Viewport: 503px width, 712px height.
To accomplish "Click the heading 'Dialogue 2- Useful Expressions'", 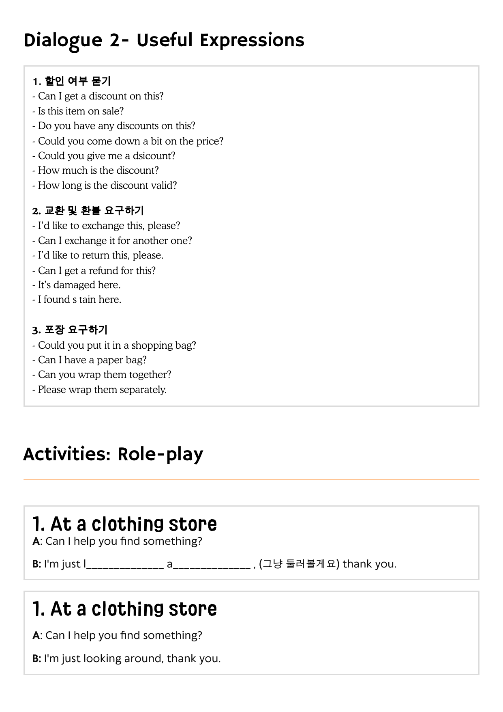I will point(164,41).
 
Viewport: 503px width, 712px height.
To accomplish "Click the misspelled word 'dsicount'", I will point(154,156).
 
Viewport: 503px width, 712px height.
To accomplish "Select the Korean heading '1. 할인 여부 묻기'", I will point(72,81).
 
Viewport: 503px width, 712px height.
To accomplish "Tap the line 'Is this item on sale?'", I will point(81,111).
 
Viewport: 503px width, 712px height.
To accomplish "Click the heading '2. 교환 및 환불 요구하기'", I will point(88,211).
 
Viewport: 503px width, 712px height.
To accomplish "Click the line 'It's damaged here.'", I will point(79,285).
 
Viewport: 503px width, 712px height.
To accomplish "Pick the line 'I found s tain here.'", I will point(79,300).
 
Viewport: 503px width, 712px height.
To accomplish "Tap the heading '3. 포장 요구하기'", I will point(70,330).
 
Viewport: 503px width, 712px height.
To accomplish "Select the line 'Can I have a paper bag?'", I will point(92,360).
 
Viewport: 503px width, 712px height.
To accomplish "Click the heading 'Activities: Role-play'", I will point(113,454).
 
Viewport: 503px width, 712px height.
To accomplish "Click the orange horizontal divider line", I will point(251,479).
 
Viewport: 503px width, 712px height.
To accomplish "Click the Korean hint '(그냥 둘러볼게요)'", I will point(299,564).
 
